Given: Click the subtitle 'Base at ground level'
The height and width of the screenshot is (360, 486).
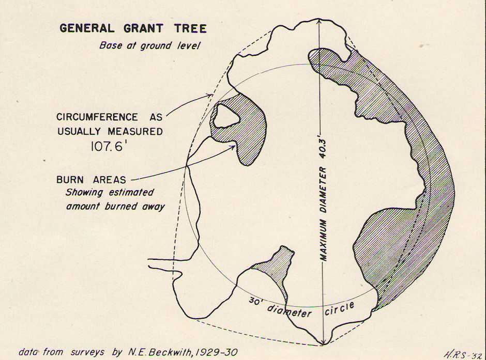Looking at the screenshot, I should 149,45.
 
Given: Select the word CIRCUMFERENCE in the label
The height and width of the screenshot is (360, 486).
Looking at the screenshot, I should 91,117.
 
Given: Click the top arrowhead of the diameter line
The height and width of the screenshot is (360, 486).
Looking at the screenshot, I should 320,23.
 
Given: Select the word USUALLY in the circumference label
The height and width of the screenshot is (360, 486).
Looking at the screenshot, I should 81,131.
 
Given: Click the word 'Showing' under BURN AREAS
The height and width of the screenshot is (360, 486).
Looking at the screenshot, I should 83,193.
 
